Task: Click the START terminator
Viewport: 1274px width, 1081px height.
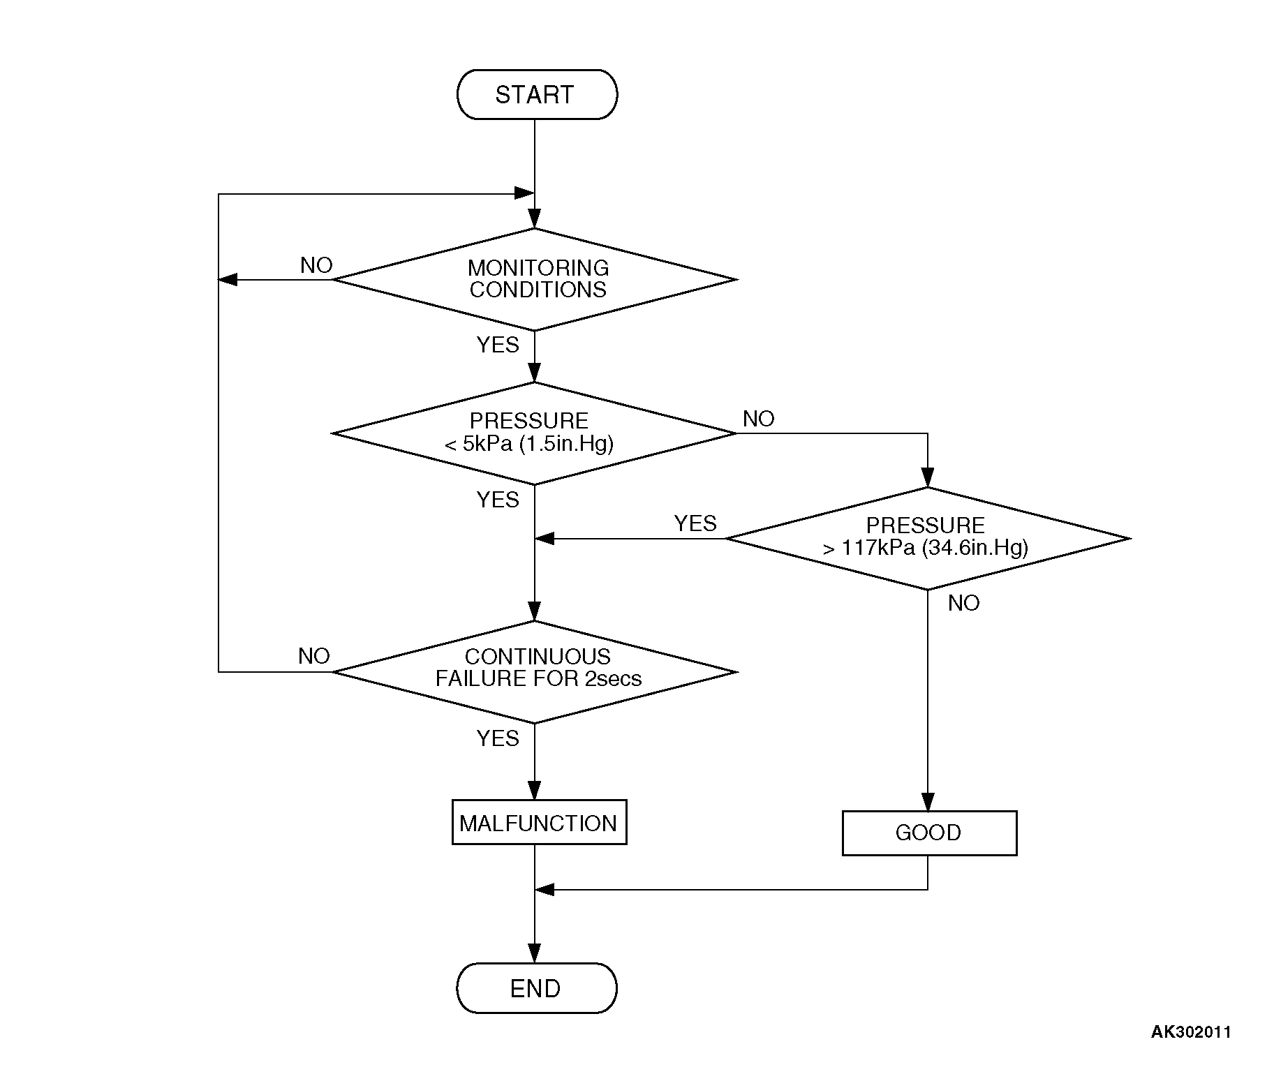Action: (536, 94)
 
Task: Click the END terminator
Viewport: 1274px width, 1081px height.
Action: (536, 988)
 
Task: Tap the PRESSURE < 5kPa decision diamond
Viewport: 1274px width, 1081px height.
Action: (535, 433)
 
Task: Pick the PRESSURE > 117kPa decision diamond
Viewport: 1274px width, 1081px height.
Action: (928, 538)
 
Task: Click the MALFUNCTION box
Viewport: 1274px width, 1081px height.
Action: (539, 822)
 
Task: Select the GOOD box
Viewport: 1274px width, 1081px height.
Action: (929, 833)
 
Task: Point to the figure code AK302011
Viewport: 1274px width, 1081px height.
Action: (1191, 1031)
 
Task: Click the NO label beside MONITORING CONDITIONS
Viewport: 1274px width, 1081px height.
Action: (316, 265)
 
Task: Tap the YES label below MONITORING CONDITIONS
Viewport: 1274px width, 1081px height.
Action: (498, 345)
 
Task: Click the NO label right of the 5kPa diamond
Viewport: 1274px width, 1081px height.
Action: (759, 419)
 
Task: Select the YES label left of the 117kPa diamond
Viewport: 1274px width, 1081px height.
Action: (695, 523)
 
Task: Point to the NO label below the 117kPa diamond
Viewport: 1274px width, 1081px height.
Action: (964, 603)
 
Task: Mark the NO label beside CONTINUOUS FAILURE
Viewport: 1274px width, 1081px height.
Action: (314, 656)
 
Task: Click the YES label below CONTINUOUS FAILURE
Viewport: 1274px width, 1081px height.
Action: (498, 738)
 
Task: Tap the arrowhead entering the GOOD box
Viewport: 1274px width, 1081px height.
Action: (928, 802)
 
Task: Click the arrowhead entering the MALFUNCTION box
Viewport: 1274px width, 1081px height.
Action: (535, 791)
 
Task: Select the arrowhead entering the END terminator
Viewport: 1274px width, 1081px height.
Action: (535, 954)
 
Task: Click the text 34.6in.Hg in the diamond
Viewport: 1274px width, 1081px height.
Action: (975, 548)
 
